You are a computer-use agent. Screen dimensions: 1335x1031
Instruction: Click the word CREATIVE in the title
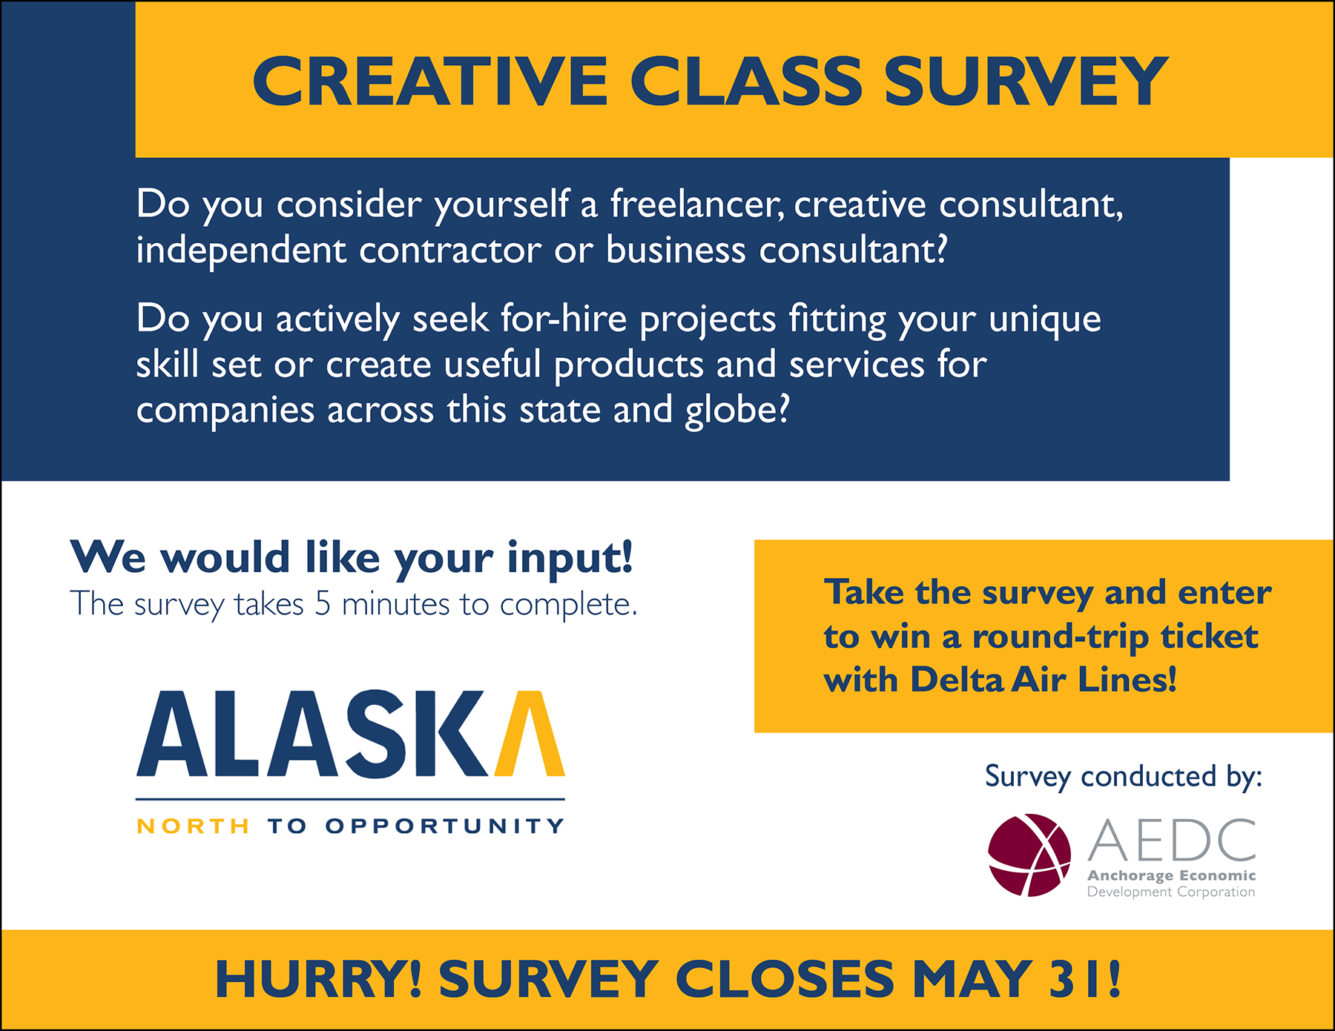(430, 81)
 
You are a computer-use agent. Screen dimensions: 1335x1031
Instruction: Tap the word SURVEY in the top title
(1026, 81)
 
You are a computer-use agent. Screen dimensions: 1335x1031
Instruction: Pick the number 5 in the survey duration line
(323, 604)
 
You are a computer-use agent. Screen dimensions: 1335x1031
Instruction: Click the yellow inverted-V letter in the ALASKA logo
(530, 733)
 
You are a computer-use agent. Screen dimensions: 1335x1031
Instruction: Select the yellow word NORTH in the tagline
(193, 826)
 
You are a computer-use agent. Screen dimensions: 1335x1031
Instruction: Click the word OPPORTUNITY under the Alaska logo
(445, 826)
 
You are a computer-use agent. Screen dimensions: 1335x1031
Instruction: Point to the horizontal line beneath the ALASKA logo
(350, 799)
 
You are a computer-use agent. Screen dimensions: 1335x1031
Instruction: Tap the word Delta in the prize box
(957, 680)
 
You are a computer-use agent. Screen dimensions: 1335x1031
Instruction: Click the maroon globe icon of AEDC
(1029, 855)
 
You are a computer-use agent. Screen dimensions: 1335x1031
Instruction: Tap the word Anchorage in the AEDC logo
(1130, 876)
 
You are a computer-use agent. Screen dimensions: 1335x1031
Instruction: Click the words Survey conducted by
(1124, 777)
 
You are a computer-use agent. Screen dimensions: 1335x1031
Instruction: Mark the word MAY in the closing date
(972, 979)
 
